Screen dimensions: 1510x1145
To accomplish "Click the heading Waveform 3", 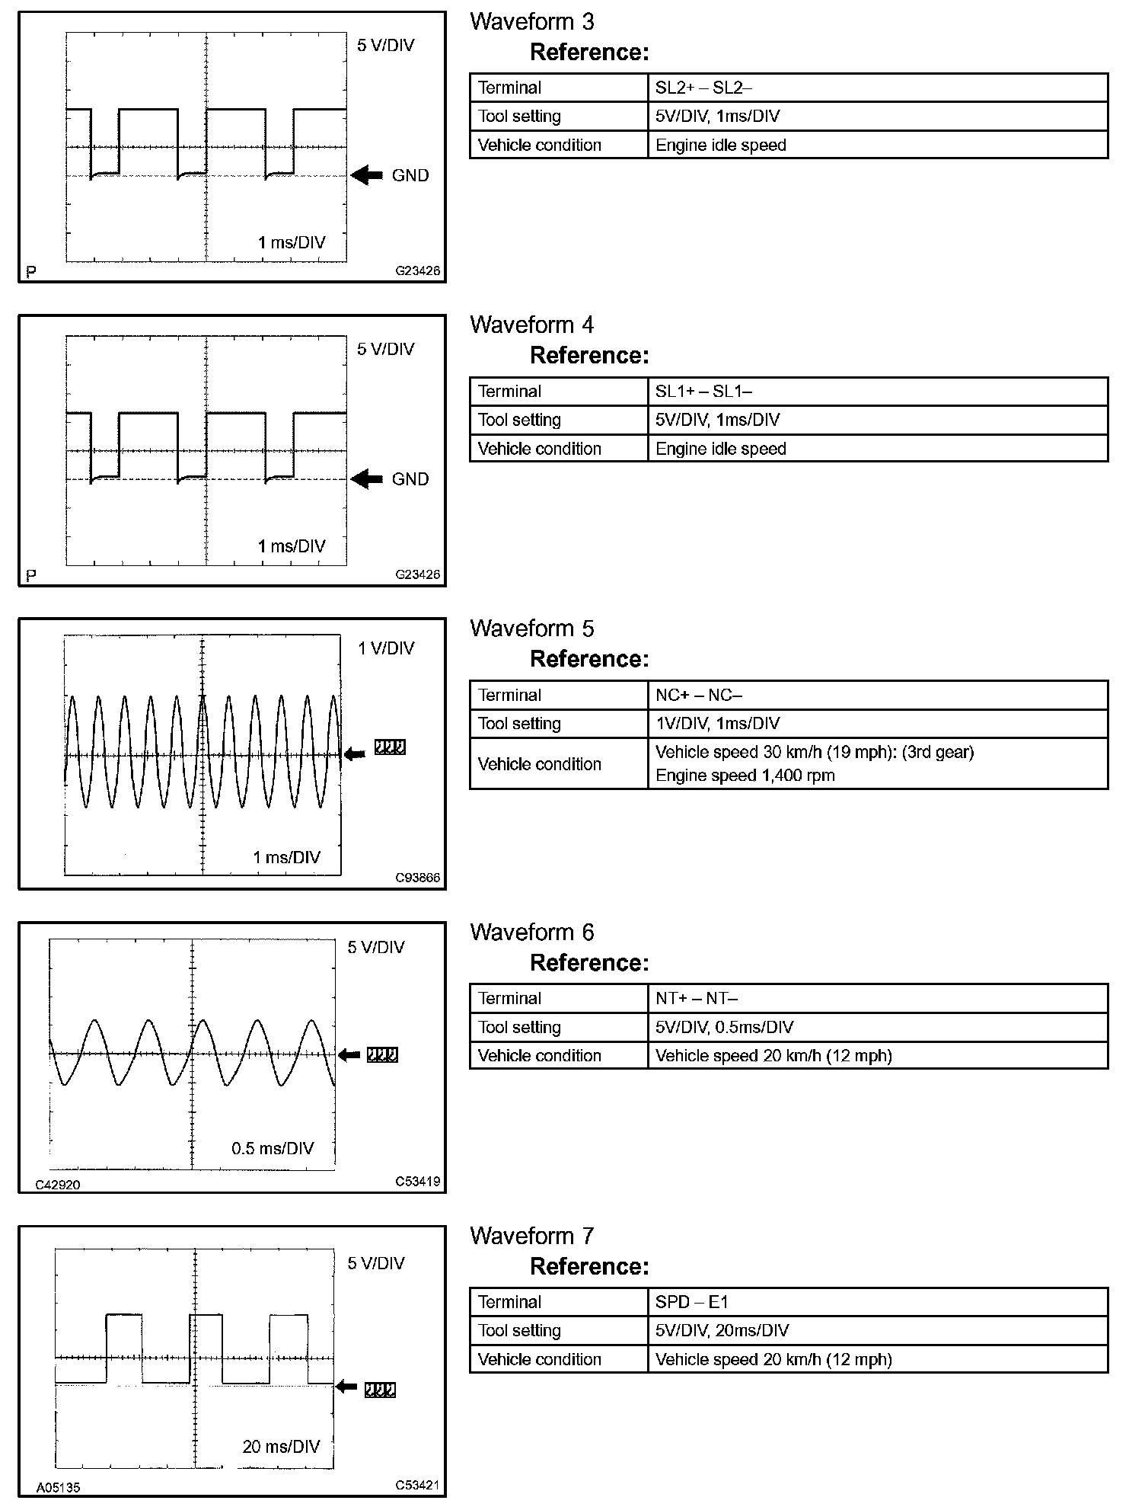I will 531,21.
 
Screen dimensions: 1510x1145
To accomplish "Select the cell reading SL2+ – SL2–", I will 703,88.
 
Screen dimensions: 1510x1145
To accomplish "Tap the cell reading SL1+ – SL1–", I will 703,392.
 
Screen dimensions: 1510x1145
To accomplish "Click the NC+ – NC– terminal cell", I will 698,695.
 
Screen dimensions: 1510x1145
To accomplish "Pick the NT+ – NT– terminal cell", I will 696,998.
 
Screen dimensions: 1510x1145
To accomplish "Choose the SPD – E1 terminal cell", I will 691,1302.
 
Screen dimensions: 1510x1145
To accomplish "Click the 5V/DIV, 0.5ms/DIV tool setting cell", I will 724,1027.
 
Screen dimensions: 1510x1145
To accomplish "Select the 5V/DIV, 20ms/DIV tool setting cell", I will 722,1331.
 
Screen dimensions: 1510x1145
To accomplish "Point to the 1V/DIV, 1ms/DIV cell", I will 717,724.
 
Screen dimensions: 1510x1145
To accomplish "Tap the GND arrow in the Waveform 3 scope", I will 367,175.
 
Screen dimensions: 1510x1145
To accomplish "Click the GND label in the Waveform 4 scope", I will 410,479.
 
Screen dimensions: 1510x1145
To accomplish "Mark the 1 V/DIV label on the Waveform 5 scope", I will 386,648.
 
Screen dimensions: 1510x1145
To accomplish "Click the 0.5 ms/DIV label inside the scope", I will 273,1148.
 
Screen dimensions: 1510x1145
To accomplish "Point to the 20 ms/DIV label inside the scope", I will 281,1447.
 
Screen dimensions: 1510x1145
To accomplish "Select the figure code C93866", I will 417,878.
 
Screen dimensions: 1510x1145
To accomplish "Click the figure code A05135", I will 58,1487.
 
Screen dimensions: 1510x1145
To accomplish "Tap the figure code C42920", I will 58,1185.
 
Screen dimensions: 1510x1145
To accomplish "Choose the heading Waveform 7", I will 531,1236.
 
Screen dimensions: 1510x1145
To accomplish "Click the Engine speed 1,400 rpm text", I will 745,776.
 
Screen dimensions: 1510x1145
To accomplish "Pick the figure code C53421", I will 417,1485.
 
